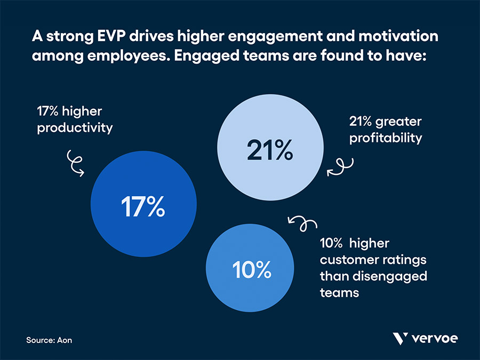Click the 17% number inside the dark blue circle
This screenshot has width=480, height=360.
(x=142, y=207)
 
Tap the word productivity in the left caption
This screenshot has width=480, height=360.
(x=75, y=129)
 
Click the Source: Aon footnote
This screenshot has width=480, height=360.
(x=49, y=340)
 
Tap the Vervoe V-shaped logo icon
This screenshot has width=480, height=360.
(x=399, y=339)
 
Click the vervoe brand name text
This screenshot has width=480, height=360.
(x=435, y=339)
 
